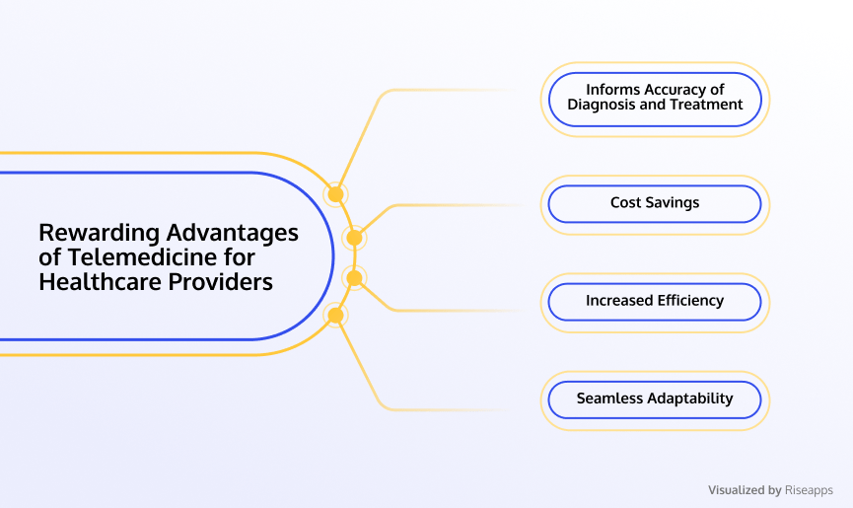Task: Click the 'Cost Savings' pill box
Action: click(x=655, y=204)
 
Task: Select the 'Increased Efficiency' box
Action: click(x=655, y=302)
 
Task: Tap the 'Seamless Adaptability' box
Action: click(x=655, y=399)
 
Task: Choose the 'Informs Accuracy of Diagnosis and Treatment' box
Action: click(x=655, y=100)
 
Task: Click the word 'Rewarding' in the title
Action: click(x=99, y=234)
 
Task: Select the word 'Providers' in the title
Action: click(x=220, y=282)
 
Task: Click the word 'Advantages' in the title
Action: click(x=233, y=234)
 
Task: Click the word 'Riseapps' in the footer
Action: click(x=809, y=490)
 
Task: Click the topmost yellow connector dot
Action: click(x=335, y=194)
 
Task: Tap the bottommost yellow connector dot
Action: click(x=335, y=315)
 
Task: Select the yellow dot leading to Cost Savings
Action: click(x=354, y=238)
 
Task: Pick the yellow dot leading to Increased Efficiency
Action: click(x=354, y=278)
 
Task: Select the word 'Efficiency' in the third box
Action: click(x=690, y=301)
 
